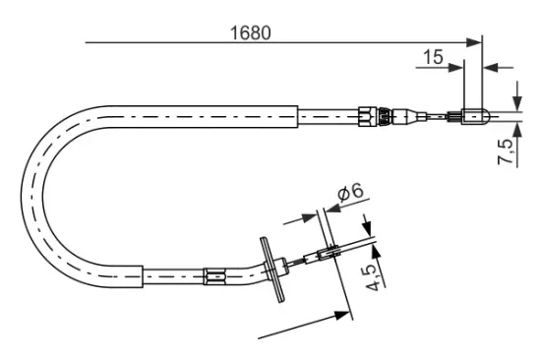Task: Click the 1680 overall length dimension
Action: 251,32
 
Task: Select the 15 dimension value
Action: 432,57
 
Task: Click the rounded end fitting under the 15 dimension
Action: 472,117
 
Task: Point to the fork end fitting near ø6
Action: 328,258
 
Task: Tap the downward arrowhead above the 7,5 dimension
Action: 517,105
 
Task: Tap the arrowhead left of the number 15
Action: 457,67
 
